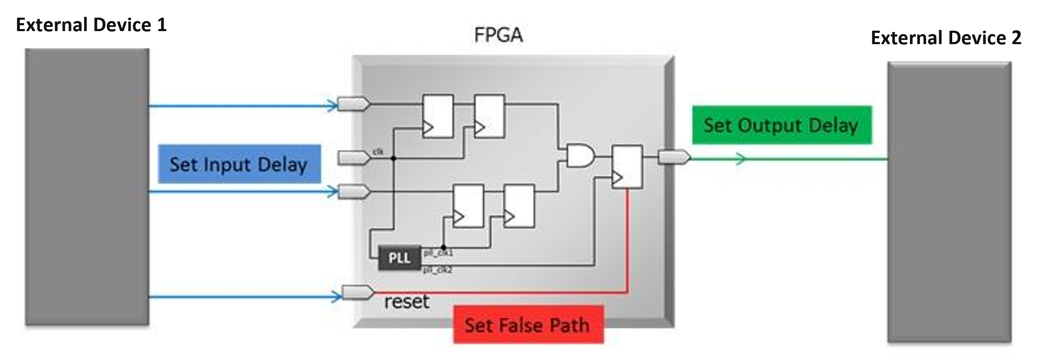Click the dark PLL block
click(399, 258)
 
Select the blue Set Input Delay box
click(239, 164)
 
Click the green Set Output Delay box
click(781, 125)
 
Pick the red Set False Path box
click(528, 325)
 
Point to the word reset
click(406, 302)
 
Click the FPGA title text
click(498, 35)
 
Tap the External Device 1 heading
click(91, 25)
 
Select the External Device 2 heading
click(945, 38)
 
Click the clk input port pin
click(354, 158)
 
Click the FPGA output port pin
click(673, 157)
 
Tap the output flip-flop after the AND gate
click(627, 167)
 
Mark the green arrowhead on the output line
click(741, 159)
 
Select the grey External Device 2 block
click(949, 202)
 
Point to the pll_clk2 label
click(437, 270)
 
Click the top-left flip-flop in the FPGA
click(438, 116)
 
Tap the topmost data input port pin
click(353, 103)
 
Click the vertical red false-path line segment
click(627, 240)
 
